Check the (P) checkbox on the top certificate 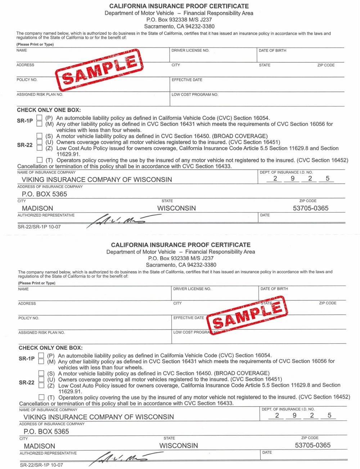point(39,118)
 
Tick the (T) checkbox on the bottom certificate point(41,397)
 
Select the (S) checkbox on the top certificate point(39,136)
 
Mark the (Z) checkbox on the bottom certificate point(41,385)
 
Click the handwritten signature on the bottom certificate point(122,457)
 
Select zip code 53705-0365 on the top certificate point(310,208)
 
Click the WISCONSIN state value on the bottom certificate point(179,446)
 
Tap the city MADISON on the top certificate point(37,208)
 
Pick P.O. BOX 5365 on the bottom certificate point(46,432)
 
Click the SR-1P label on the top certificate point(25,121)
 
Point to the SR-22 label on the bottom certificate point(27,383)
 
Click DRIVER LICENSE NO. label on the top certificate point(190,50)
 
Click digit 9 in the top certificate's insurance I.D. point(293,178)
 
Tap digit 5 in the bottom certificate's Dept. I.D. point(329,415)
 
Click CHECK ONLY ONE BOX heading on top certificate point(49,110)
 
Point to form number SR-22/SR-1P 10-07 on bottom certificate point(41,465)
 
